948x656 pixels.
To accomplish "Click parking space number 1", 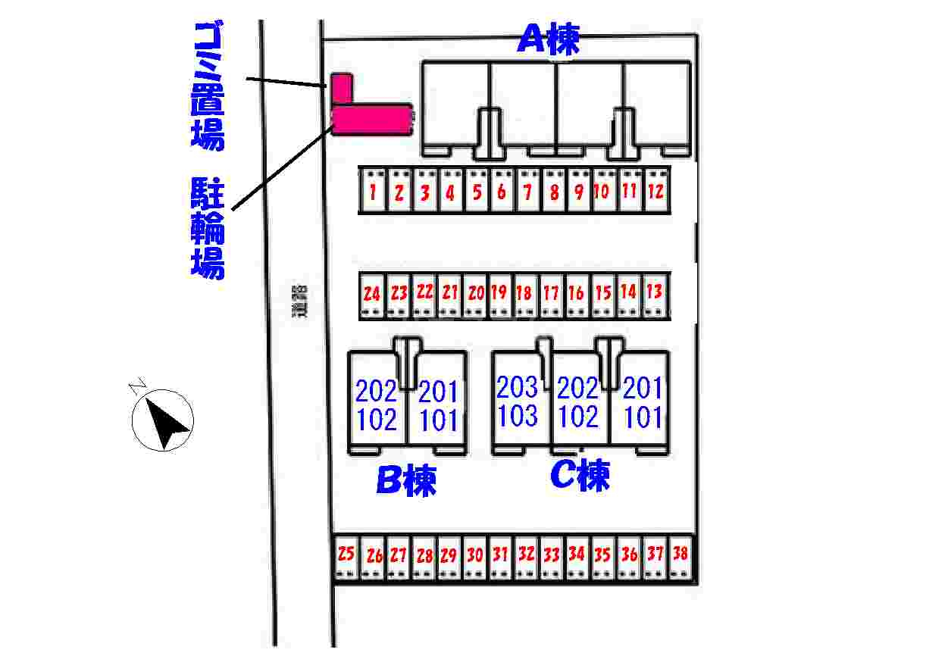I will click(x=374, y=192).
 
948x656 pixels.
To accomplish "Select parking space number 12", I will click(x=655, y=191).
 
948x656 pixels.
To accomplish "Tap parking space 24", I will click(x=371, y=294).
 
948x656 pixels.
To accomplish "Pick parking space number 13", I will click(x=654, y=292).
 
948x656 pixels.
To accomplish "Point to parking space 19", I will click(x=499, y=292).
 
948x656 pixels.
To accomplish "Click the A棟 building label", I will click(x=549, y=39).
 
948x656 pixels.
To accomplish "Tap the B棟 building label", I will click(x=406, y=481).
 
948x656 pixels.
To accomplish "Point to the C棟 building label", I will click(x=579, y=476).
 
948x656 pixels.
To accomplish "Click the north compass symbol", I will click(x=163, y=420).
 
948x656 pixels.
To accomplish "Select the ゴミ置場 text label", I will click(x=207, y=85).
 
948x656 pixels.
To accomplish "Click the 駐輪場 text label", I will click(x=207, y=227).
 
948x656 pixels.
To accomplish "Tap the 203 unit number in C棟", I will click(x=518, y=387).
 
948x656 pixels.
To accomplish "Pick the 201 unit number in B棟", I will click(x=439, y=392).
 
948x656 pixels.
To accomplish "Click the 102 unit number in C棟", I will click(x=578, y=417).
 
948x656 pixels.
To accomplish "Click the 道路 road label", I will click(x=302, y=301).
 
